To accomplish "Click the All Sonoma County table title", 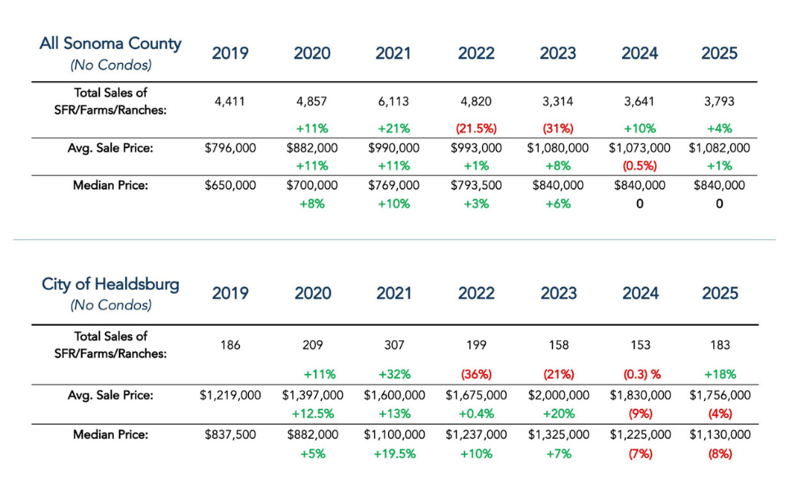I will pos(111,44).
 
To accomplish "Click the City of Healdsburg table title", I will pos(111,285).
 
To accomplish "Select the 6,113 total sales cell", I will pos(393,102).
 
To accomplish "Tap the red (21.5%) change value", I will pos(476,128).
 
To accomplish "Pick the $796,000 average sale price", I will pos(230,148).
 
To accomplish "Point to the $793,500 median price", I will pos(476,186).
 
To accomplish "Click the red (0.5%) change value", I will pos(639,166).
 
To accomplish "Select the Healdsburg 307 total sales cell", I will pos(393,345).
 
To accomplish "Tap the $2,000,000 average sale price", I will pos(558,394).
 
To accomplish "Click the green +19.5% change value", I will pos(393,453).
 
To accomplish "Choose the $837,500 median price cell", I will pos(230,435).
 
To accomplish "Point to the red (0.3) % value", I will pos(639,374).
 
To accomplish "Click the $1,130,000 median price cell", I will pos(720,435).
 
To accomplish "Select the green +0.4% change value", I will pos(476,414).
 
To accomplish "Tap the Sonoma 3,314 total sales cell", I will pos(558,102).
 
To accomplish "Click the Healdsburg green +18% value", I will pos(720,374).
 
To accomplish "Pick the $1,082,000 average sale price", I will pos(720,148).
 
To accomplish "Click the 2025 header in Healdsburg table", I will pos(720,293).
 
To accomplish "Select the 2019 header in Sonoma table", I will pos(230,53).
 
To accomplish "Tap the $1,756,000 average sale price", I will pos(720,394).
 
